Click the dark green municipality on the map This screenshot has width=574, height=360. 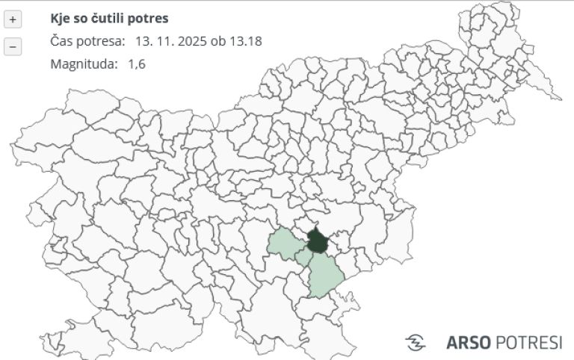click(x=318, y=242)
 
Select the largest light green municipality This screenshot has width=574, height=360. click(x=325, y=276)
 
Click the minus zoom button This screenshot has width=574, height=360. click(x=13, y=46)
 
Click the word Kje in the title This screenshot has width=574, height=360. click(x=60, y=18)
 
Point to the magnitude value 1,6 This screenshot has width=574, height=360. click(x=137, y=64)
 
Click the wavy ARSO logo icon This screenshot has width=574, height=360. click(x=416, y=343)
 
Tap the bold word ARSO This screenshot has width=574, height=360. click(x=469, y=343)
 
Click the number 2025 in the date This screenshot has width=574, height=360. click(x=192, y=41)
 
